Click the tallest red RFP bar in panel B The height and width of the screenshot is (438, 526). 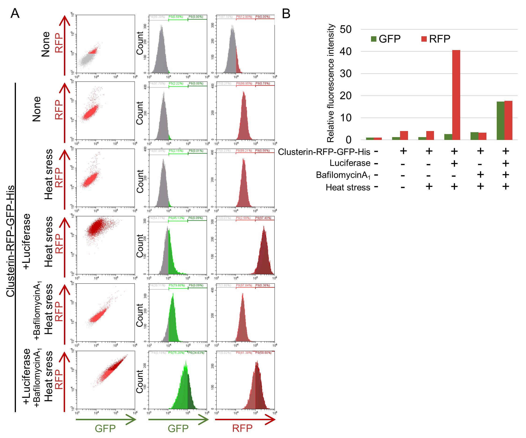pos(456,95)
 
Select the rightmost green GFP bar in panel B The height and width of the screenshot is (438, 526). pos(500,121)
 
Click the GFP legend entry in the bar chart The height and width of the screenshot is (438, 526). pos(386,39)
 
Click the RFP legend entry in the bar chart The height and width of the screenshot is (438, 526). pos(436,39)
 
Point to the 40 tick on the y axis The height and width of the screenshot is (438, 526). pos(346,51)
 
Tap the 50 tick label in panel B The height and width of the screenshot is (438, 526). pos(346,29)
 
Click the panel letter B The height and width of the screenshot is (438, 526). pos(286,14)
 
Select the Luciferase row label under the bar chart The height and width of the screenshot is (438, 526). pos(350,163)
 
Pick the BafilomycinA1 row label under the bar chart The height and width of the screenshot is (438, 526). pos(343,175)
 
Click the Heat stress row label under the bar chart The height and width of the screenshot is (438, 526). pos(348,187)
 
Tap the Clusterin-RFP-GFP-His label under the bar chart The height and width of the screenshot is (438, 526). pos(324,152)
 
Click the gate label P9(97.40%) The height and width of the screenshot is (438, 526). pos(263,218)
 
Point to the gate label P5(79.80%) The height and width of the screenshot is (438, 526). pos(177,285)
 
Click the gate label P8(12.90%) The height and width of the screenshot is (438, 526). pos(244,17)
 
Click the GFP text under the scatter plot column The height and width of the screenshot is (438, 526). pos(105,428)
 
